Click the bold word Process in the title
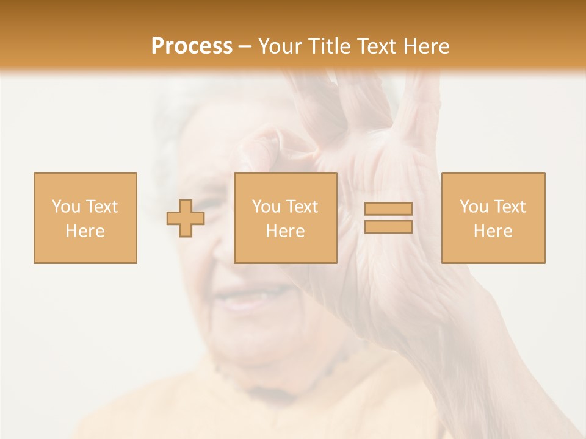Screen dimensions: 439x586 192,46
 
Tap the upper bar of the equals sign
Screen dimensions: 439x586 388,209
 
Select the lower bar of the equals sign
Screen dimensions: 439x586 388,226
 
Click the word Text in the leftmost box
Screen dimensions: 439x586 102,207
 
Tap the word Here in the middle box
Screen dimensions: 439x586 285,231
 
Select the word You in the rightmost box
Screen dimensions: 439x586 474,207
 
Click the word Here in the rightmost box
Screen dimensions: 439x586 493,231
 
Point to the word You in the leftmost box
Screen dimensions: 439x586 65,207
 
